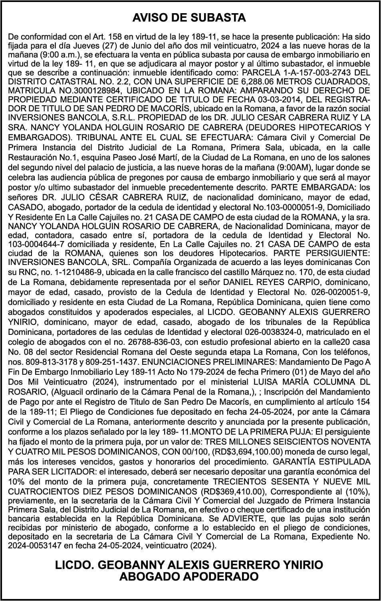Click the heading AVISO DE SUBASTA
(x=189, y=18)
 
